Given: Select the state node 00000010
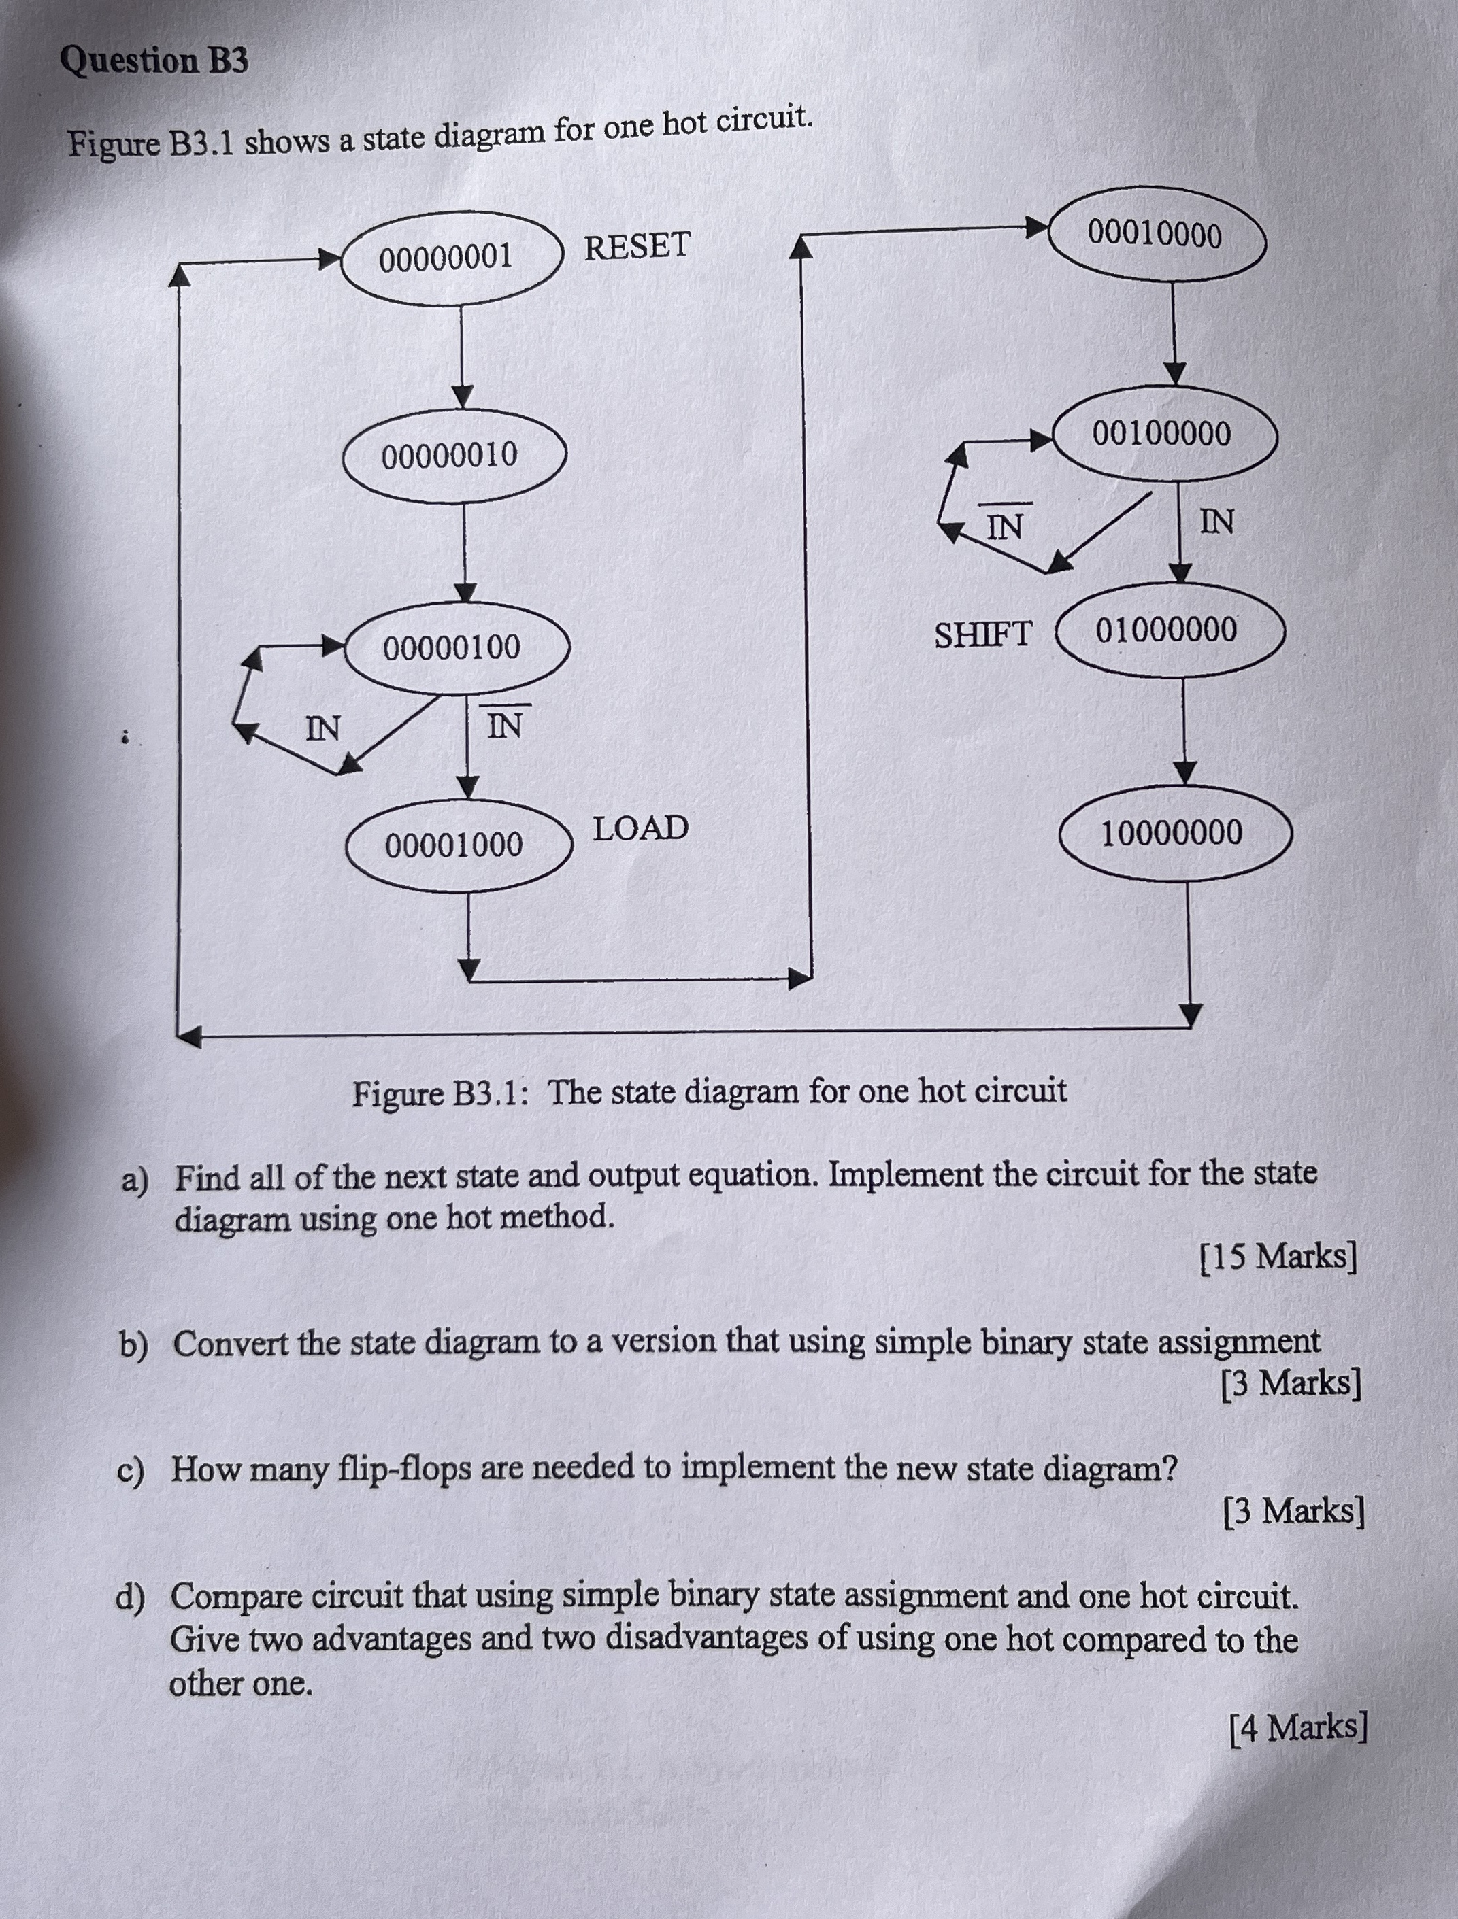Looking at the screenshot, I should pyautogui.click(x=454, y=456).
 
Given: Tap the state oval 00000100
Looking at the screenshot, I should pyautogui.click(x=457, y=647).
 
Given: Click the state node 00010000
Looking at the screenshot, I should pyautogui.click(x=1157, y=234).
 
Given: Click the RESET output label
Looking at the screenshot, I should pyautogui.click(x=637, y=246).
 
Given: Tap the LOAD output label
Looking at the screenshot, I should pyautogui.click(x=640, y=828).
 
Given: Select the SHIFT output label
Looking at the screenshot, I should pyautogui.click(x=983, y=634).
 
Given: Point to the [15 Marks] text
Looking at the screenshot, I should pyautogui.click(x=1278, y=1256).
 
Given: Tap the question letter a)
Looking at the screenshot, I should pyautogui.click(x=135, y=1180).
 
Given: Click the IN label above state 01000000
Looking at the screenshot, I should pyautogui.click(x=1216, y=522).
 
